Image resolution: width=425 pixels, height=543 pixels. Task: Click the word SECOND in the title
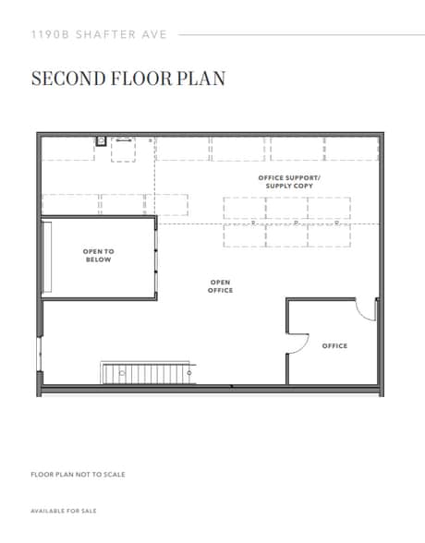[x=66, y=78]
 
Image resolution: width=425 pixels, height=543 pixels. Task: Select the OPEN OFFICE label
[x=221, y=286]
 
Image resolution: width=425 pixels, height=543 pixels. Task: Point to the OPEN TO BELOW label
[x=98, y=256]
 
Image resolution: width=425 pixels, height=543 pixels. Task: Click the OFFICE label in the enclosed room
[x=334, y=346]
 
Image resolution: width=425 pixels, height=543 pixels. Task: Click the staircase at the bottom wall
[x=149, y=373]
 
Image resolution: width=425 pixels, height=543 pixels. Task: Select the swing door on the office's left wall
[x=297, y=343]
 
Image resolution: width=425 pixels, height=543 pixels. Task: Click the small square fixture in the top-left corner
[x=101, y=141]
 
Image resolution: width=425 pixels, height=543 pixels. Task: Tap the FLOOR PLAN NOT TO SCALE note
[x=78, y=475]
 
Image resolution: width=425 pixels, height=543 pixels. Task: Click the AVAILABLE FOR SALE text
[x=63, y=511]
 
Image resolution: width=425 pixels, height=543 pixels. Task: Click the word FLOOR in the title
[x=141, y=78]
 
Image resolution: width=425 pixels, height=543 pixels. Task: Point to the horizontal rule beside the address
[x=300, y=35]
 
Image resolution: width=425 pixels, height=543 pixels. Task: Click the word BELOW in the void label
[x=98, y=260]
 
